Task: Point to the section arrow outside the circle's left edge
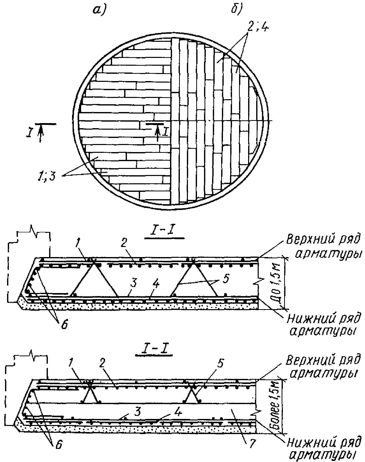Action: coord(40,133)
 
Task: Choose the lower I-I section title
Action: coord(154,350)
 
